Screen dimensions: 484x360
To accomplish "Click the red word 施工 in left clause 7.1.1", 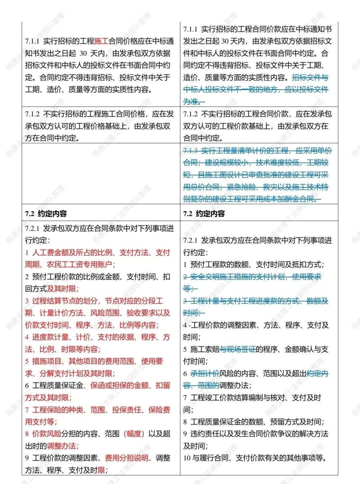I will click(101, 41).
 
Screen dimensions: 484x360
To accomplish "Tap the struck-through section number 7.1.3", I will click(191, 151).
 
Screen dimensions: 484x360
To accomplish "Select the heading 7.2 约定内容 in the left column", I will click(46, 214).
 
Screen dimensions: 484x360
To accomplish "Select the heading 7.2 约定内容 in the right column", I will click(204, 214).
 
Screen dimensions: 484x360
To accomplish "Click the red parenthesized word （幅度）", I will click(134, 434).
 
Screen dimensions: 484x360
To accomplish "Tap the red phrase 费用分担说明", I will click(127, 458).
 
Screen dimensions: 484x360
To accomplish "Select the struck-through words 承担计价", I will click(205, 374).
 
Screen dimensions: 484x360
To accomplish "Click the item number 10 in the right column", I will click(187, 458).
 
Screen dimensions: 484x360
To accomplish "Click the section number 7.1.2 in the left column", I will click(32, 114).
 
